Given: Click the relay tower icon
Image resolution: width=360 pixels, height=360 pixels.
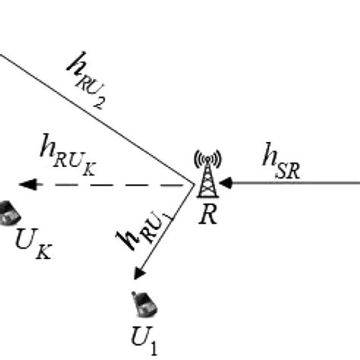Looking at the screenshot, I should click(x=207, y=176).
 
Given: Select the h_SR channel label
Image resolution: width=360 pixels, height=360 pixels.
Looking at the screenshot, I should click(x=279, y=163).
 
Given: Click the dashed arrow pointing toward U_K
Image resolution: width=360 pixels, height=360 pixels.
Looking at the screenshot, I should click(x=106, y=184).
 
